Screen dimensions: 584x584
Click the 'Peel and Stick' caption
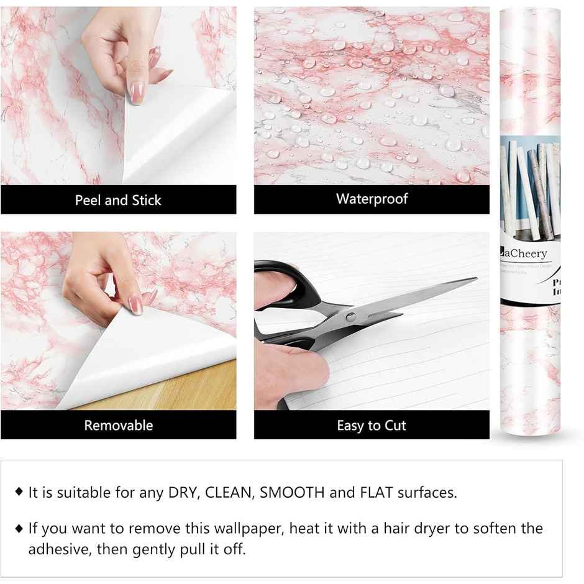pyautogui.click(x=118, y=200)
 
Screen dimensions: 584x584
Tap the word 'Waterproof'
pyautogui.click(x=372, y=199)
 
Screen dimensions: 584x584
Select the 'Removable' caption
pyautogui.click(x=118, y=426)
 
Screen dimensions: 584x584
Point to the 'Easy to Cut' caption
pyautogui.click(x=372, y=426)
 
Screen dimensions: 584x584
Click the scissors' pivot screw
pyautogui.click(x=351, y=317)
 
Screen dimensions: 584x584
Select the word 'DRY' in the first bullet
pyautogui.click(x=183, y=493)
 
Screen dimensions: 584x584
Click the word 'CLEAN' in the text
pyautogui.click(x=229, y=493)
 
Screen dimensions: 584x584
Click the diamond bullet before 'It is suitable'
pyautogui.click(x=19, y=493)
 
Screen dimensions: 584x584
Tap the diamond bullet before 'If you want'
pyautogui.click(x=19, y=528)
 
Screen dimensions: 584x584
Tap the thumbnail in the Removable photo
pyautogui.click(x=135, y=304)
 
